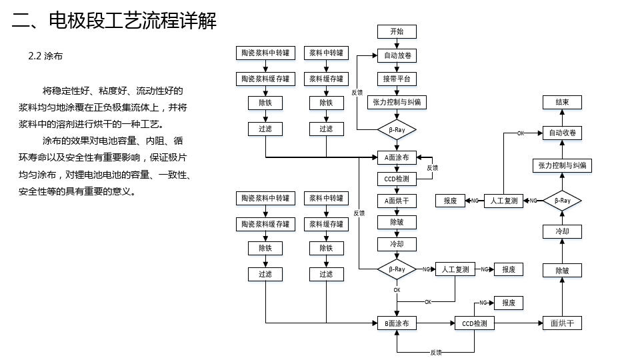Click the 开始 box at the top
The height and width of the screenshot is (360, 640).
397,31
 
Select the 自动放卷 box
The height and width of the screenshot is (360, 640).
397,55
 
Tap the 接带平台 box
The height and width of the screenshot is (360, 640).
397,79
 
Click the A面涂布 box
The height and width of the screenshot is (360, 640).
397,157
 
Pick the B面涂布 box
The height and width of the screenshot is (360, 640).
397,323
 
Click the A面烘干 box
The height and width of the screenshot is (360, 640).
397,201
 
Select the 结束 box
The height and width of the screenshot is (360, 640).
562,102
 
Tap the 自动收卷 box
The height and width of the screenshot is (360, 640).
562,133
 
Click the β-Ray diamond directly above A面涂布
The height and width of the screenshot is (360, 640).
397,130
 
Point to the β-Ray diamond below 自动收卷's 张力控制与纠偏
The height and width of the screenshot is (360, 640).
562,201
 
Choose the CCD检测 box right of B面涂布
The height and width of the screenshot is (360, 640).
474,323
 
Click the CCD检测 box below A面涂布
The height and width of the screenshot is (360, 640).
397,179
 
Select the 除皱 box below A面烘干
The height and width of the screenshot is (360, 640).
397,223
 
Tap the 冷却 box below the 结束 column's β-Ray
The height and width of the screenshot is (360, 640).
562,231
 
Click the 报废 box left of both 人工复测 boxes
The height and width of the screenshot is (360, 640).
450,201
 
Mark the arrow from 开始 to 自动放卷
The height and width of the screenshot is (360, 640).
397,44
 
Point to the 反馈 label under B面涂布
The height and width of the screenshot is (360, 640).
436,352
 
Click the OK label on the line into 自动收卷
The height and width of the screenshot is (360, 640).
521,133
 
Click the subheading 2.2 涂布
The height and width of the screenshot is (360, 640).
45,56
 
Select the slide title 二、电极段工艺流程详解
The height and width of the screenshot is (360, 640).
114,21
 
